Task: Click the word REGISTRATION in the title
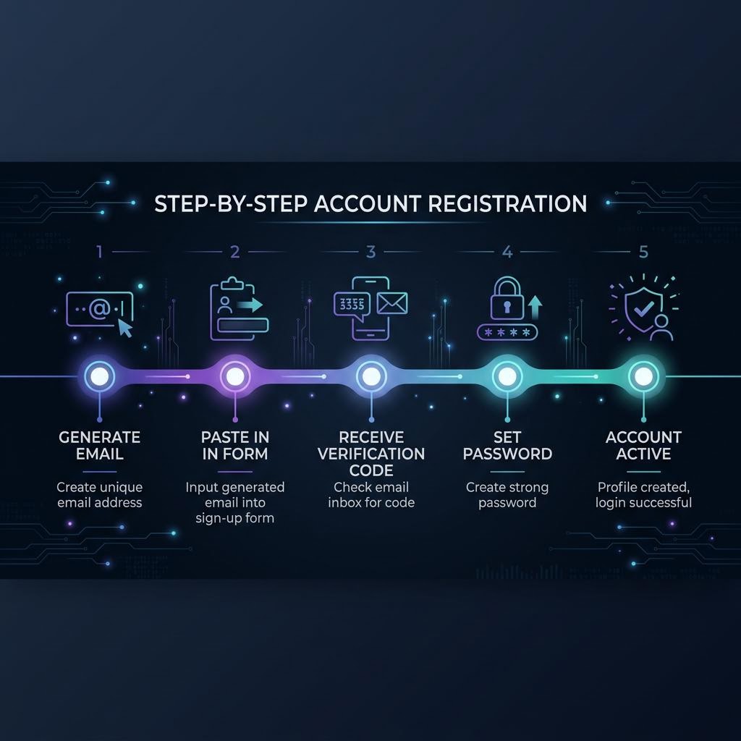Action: coord(507,203)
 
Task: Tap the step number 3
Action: coord(371,252)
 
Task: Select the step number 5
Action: coord(643,252)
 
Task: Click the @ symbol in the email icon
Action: coord(100,308)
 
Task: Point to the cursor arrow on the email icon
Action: coord(124,328)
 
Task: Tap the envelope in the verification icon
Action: coord(392,303)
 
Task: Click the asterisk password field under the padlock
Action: coord(507,332)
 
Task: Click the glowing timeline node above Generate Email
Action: coord(99,376)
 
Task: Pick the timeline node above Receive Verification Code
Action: coord(371,376)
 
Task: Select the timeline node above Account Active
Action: coord(643,376)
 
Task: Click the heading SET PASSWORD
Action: coord(507,445)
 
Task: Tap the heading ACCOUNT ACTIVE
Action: coord(643,445)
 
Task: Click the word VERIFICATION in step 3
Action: coord(371,454)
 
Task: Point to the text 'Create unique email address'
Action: coord(99,494)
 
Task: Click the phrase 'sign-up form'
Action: coord(235,518)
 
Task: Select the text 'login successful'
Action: coord(643,502)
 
